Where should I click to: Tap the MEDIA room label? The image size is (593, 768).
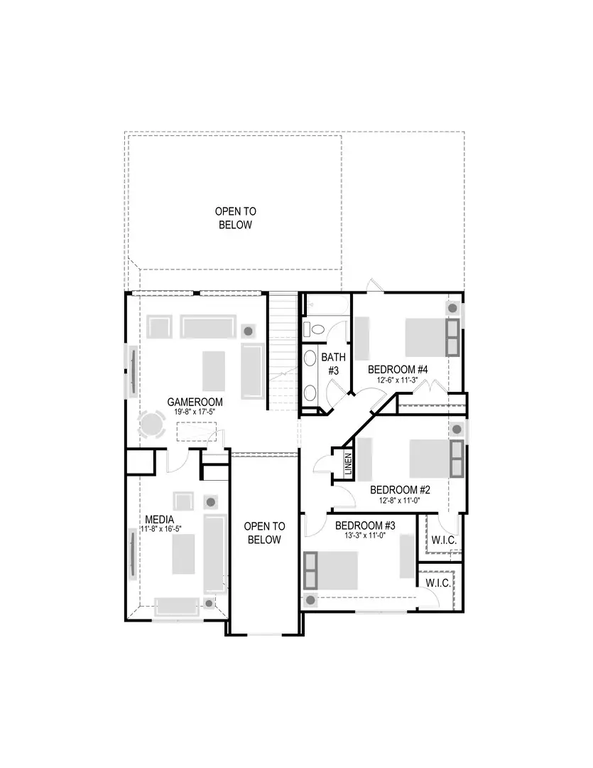pos(161,520)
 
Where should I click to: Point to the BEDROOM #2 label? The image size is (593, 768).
pos(401,490)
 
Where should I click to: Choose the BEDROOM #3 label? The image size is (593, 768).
pos(365,526)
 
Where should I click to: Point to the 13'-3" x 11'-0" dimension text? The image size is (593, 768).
pos(365,535)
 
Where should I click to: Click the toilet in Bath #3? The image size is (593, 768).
pos(313,329)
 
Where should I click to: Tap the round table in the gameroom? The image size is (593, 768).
pos(152,425)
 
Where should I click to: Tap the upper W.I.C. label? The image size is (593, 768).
pos(443,541)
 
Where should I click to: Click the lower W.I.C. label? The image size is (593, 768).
pos(437,583)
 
